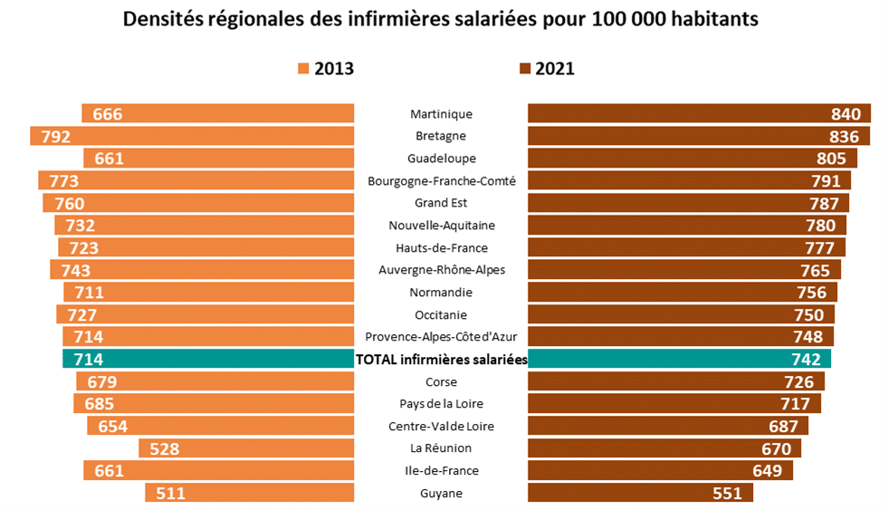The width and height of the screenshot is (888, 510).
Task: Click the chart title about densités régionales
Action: point(441,19)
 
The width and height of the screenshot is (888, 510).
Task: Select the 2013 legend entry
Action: point(325,69)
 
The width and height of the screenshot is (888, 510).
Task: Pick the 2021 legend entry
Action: point(547,69)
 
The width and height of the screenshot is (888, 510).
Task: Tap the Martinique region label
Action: point(441,114)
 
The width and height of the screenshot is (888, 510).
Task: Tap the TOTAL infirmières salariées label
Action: point(442,360)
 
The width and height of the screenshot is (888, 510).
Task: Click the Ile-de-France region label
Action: point(441,471)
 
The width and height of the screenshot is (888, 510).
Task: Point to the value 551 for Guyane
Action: point(727,494)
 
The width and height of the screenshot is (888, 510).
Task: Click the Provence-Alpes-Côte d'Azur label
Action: point(441,337)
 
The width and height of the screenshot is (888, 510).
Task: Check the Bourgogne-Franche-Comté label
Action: point(441,181)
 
